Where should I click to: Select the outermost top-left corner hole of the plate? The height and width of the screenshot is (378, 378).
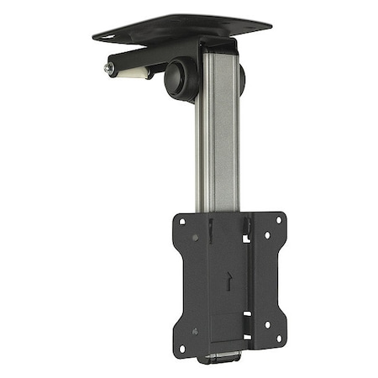click(x=182, y=221)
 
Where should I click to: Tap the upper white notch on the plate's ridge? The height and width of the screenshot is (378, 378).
click(x=245, y=238)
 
